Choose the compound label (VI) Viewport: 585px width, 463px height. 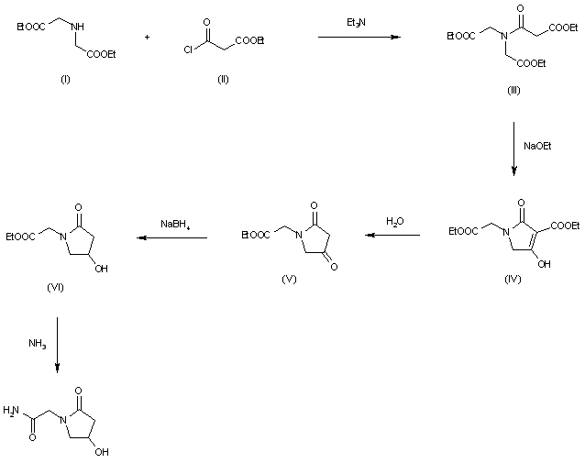click(55, 287)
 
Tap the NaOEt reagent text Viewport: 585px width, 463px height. click(537, 146)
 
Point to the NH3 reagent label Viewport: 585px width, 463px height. click(36, 344)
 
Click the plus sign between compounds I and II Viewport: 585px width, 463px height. click(148, 37)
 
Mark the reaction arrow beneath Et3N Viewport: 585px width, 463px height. click(359, 38)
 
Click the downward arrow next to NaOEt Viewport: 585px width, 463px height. click(513, 148)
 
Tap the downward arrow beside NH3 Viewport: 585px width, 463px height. click(57, 345)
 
